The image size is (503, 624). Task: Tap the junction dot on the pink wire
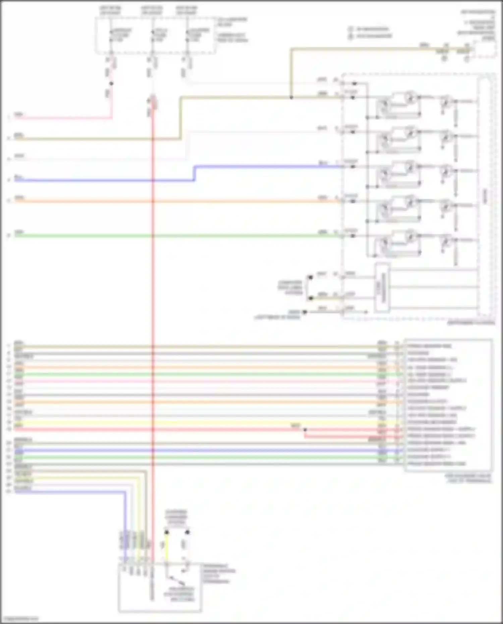[111, 83]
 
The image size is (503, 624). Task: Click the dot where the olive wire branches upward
[291, 98]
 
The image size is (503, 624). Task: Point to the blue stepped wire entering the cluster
[268, 166]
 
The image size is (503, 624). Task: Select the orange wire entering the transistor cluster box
[235, 201]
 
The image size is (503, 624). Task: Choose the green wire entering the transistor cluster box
[235, 236]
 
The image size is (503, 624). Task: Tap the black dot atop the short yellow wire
[166, 532]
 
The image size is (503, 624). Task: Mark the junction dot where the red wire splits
[305, 430]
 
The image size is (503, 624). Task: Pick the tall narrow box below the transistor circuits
[382, 287]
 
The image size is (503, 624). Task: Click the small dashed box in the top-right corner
[484, 49]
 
